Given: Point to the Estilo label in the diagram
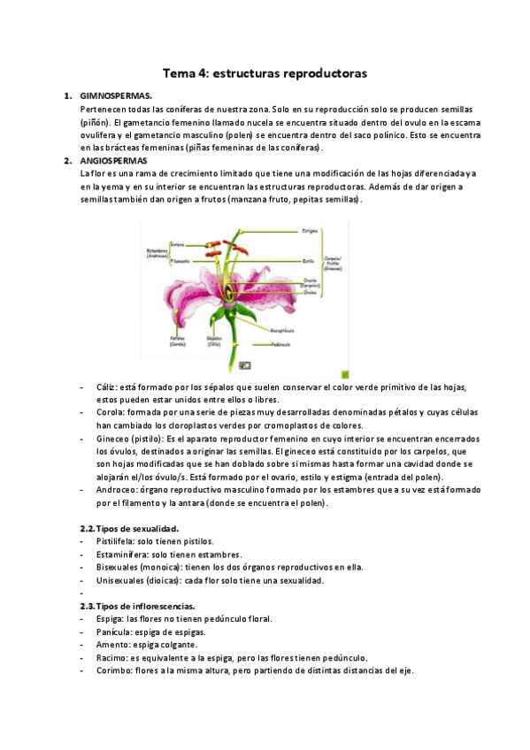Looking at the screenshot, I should pyautogui.click(x=308, y=262).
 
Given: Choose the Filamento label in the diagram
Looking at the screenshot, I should pyautogui.click(x=181, y=261).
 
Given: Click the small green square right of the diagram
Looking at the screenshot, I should pyautogui.click(x=345, y=374).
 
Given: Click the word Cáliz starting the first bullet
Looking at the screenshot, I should pyautogui.click(x=107, y=387).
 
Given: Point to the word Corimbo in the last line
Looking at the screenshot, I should pyautogui.click(x=114, y=670).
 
